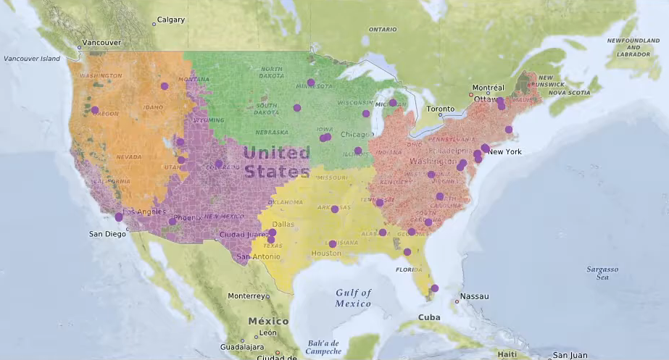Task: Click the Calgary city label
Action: click(x=170, y=20)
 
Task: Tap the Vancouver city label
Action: click(x=101, y=43)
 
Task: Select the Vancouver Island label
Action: click(x=31, y=58)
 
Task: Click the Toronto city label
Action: click(x=441, y=109)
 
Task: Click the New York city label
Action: click(x=504, y=151)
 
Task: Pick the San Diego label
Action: click(x=107, y=234)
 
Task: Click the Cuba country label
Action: click(x=429, y=317)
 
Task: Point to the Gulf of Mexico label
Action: click(x=354, y=298)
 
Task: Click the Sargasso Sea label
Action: click(x=602, y=272)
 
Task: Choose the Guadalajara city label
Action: click(x=241, y=346)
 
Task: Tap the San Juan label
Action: click(x=570, y=355)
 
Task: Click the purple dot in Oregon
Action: click(x=95, y=110)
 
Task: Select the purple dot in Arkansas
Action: click(x=335, y=209)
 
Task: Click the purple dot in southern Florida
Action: click(x=434, y=288)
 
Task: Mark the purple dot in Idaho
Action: click(x=165, y=86)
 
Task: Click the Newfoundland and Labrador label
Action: click(x=632, y=47)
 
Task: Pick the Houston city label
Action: click(x=325, y=254)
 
